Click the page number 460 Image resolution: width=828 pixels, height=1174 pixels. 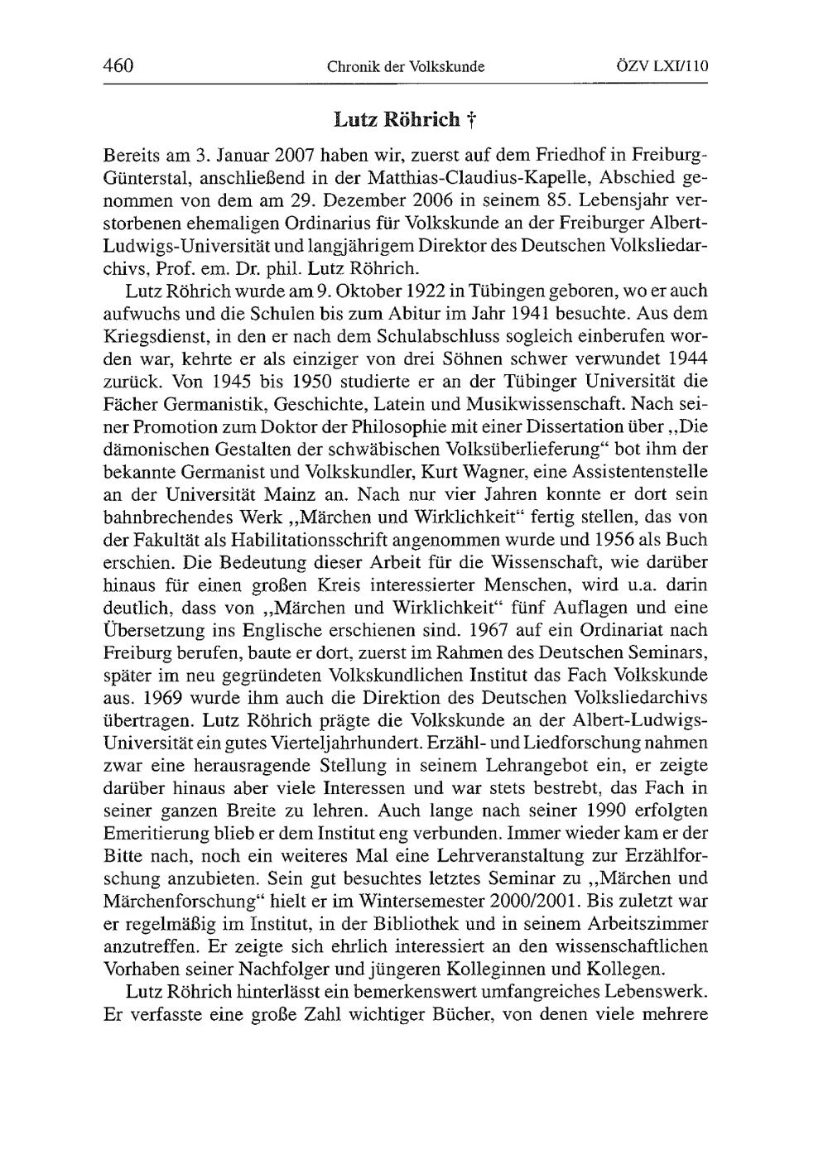pyautogui.click(x=119, y=65)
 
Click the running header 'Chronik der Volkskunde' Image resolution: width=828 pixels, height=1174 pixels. pyautogui.click(x=406, y=66)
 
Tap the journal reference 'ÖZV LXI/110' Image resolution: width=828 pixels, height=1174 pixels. pyautogui.click(x=666, y=66)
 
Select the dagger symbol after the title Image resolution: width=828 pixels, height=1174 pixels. pyautogui.click(x=469, y=121)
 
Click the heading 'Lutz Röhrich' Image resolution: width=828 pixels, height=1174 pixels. pyautogui.click(x=397, y=120)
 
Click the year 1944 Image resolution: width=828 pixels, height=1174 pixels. pyautogui.click(x=686, y=360)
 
